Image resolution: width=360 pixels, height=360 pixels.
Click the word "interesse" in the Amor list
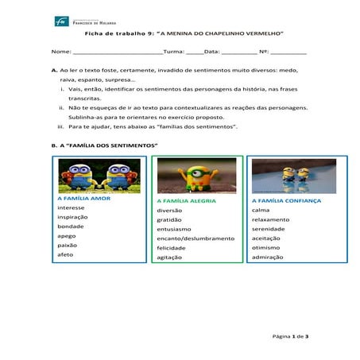(71, 207)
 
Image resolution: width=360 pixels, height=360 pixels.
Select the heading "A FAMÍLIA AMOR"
(83, 198)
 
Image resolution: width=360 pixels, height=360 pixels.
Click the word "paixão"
(68, 246)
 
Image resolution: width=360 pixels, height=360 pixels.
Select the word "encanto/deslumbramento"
(195, 238)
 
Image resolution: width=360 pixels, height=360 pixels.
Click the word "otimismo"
(266, 248)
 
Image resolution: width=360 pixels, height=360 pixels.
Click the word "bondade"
(70, 226)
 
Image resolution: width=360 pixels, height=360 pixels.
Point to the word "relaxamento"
(270, 219)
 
